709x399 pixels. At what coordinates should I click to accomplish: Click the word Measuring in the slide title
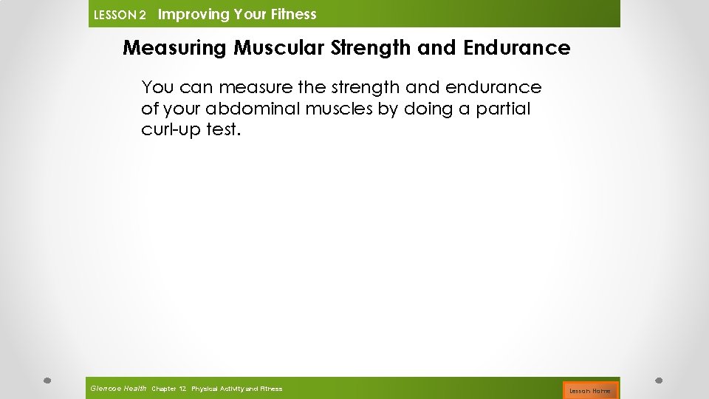pos(175,48)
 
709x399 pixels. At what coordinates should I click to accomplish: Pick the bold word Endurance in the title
pos(517,48)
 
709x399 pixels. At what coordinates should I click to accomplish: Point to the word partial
pos(501,109)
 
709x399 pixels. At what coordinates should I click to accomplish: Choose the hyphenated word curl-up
pos(169,130)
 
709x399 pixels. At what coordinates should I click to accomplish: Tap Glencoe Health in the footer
pos(118,388)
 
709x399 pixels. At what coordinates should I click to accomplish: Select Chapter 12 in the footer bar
pos(168,389)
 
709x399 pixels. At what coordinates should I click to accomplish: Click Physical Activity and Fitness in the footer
pos(236,389)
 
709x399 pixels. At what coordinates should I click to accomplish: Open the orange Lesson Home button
pos(590,390)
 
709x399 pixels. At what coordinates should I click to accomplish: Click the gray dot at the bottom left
pos(46,381)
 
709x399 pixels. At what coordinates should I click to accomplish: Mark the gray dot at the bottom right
pos(659,381)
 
